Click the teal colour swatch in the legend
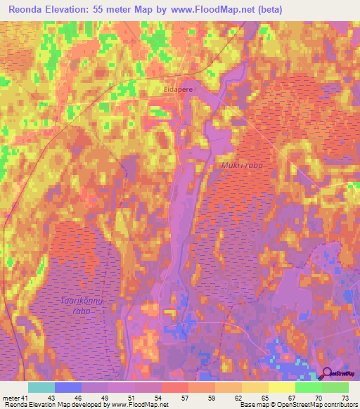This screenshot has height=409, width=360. click(x=41, y=388)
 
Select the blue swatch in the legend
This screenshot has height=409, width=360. click(x=68, y=388)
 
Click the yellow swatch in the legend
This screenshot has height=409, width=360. click(x=281, y=388)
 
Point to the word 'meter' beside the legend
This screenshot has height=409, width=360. click(x=10, y=398)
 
